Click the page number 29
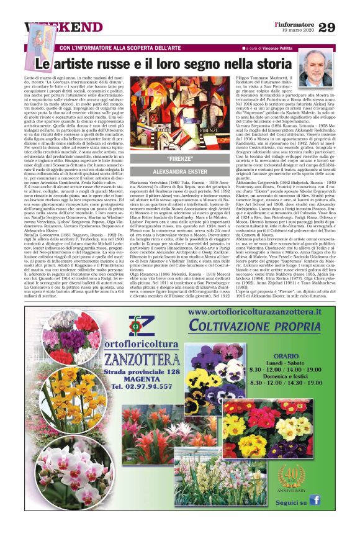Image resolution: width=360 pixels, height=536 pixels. (344, 27)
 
